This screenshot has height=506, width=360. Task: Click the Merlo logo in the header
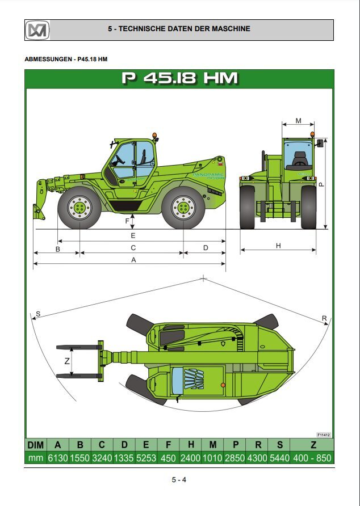[x=37, y=29]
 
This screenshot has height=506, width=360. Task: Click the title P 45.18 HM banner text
[x=179, y=78]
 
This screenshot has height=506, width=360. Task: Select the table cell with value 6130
[x=57, y=458]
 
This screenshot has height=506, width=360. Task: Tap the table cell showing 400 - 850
[x=313, y=458]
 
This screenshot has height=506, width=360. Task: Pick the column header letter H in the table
[x=191, y=445]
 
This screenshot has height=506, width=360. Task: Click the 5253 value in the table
[x=146, y=458]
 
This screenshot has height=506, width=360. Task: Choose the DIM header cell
[x=35, y=445]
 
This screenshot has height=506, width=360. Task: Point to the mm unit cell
[x=35, y=458]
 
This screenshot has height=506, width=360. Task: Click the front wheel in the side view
[x=79, y=208]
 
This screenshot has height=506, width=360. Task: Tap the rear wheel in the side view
[x=183, y=208]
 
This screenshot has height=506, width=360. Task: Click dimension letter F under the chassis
[x=127, y=221]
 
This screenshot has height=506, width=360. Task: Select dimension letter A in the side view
[x=133, y=260]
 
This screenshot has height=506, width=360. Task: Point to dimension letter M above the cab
[x=298, y=121]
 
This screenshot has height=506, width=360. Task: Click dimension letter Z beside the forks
[x=66, y=361]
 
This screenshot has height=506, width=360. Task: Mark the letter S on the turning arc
[x=37, y=314]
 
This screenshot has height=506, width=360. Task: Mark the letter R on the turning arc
[x=324, y=318]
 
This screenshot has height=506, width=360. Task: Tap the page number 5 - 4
[x=179, y=480]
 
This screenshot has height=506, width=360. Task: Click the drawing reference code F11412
[x=324, y=435]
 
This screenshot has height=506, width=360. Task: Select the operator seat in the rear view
[x=299, y=159]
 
